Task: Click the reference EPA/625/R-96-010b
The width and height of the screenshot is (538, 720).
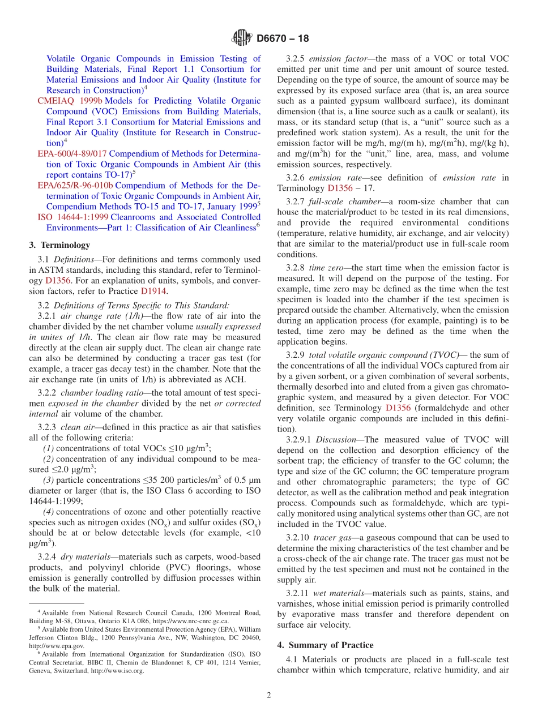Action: (75, 186)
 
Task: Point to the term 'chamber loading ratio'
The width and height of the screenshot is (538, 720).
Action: (98, 393)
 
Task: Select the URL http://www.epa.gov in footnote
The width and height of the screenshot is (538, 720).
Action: (56, 646)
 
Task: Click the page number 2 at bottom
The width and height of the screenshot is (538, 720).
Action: (269, 696)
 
